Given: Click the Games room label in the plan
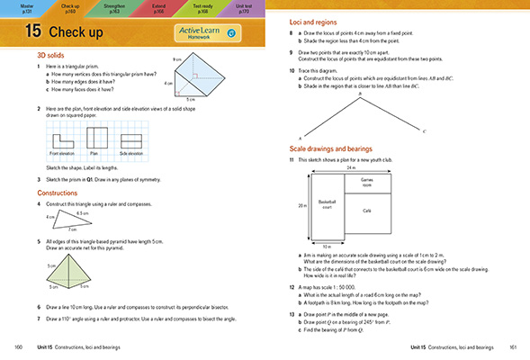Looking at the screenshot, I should [367, 180].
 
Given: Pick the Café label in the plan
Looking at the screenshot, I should [366, 210].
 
